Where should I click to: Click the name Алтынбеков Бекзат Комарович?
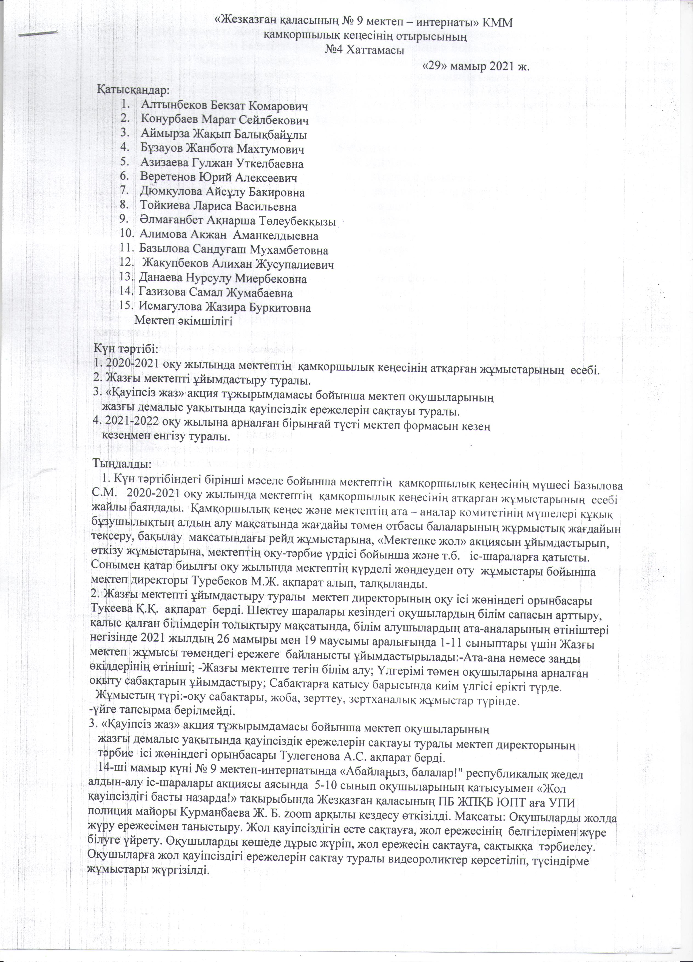coord(225,105)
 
